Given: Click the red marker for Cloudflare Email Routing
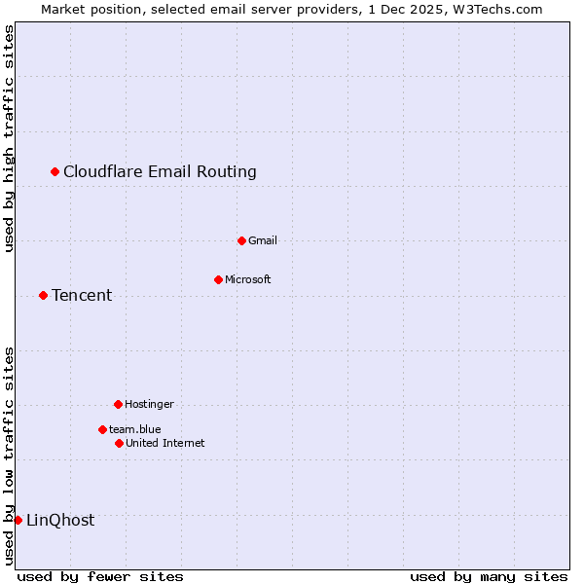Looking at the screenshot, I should coord(55,172).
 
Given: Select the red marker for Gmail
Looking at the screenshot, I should coord(242,240).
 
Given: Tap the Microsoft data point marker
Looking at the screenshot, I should coord(218,280).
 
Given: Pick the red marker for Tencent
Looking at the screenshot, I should coord(43,296).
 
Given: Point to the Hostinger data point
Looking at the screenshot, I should coord(118,404).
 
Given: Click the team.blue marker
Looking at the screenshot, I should coord(102,429).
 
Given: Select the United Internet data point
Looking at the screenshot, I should coord(119,444).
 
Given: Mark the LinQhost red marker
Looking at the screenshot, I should coord(18,520).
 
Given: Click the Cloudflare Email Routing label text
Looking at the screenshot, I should coord(160,172).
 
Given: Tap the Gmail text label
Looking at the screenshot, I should coord(263,241).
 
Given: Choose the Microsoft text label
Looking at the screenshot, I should coord(248,280).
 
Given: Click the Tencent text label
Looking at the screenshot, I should coord(82,296).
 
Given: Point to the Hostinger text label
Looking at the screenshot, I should coord(149,404).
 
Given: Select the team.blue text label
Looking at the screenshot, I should coord(135,429).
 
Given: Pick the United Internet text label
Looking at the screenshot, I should coord(165,444).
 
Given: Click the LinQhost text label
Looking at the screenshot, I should coord(60,521).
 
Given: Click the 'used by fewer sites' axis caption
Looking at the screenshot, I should coord(100,576).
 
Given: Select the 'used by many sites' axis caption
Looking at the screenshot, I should coord(489,576).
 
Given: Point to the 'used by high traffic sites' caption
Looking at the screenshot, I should coord(9,138).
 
